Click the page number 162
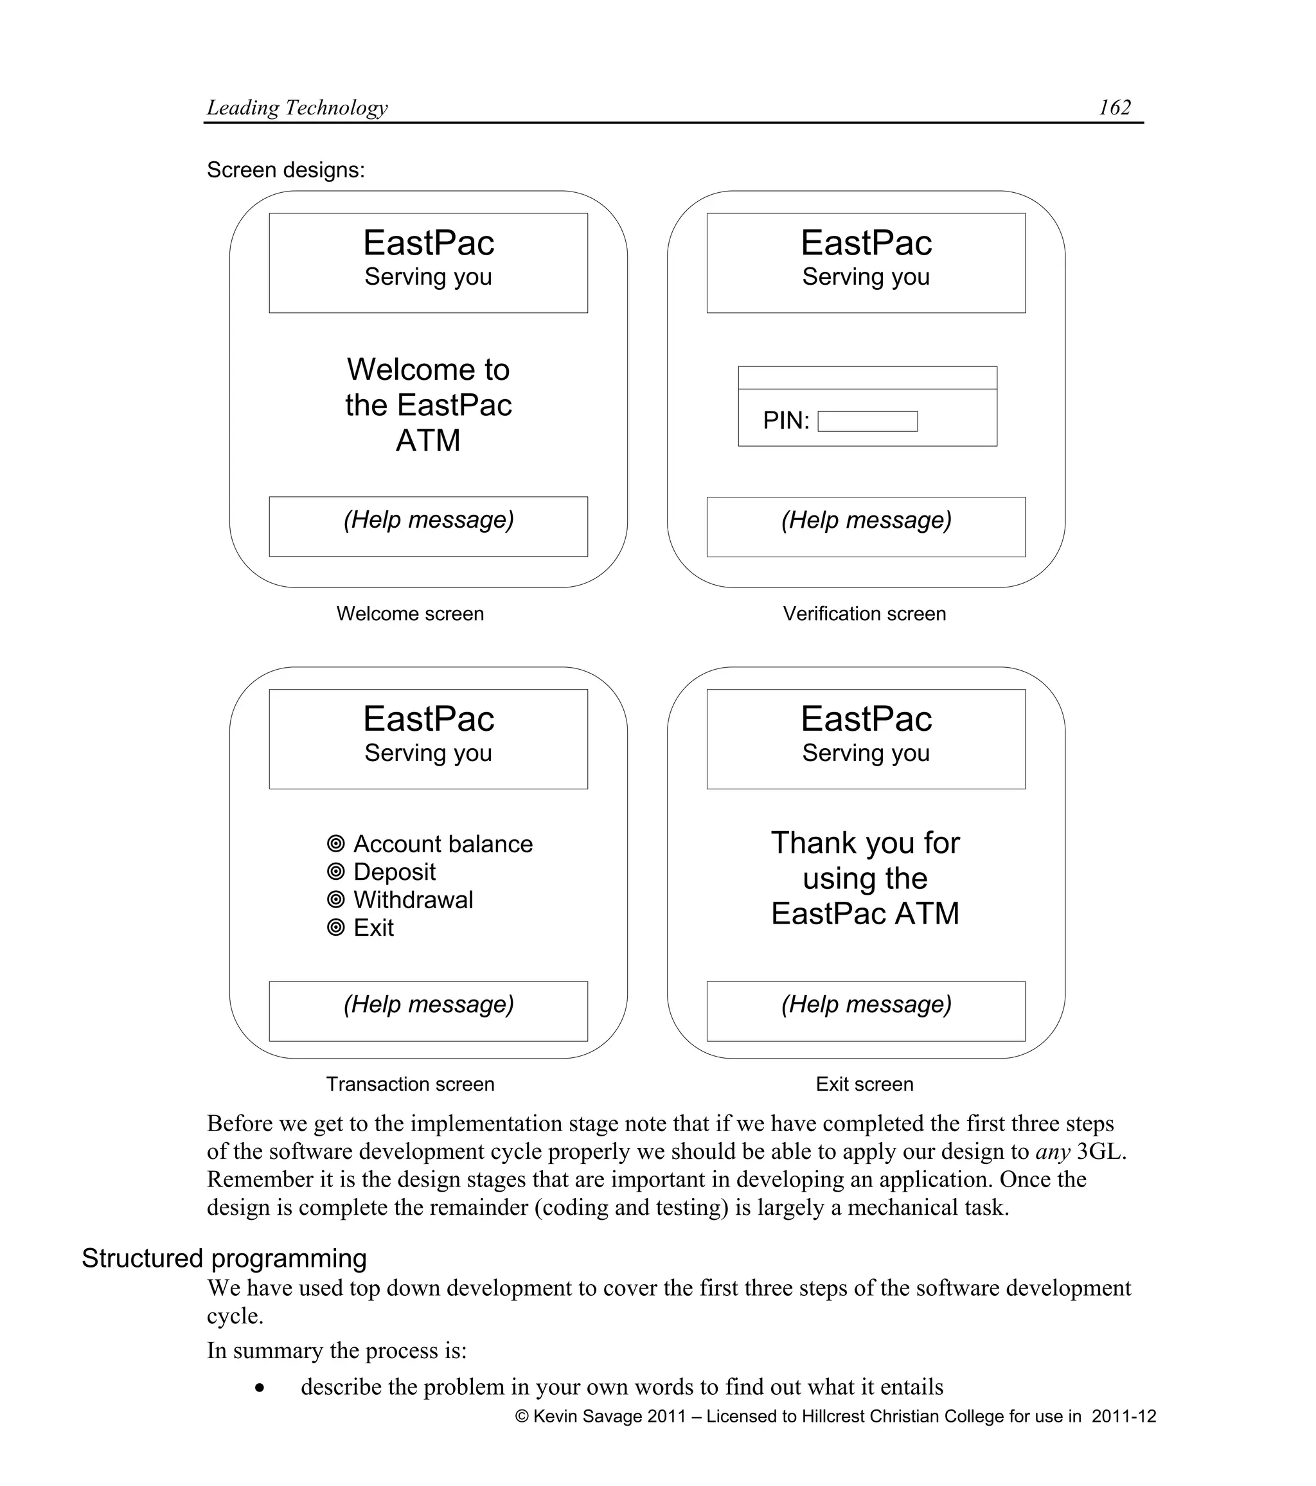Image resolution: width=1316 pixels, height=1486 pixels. (1114, 107)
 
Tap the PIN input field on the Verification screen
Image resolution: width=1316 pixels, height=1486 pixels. (867, 422)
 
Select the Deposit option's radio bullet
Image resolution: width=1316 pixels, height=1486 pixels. (335, 872)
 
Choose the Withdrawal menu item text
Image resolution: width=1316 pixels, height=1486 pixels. (413, 900)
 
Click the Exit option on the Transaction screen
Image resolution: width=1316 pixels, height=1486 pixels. (373, 928)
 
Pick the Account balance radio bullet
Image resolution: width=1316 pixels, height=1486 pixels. (335, 844)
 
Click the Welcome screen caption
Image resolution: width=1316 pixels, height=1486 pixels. (410, 614)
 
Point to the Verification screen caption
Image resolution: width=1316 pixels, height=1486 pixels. (864, 614)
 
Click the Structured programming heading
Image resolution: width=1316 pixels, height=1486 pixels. (224, 1258)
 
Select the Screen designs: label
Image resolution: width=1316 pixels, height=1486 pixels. (285, 170)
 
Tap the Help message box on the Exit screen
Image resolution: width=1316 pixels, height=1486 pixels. (866, 1011)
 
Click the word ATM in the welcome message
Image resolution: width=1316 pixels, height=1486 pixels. (428, 440)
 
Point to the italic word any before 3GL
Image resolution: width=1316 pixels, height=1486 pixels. (1052, 1152)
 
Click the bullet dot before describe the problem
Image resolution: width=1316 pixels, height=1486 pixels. (260, 1388)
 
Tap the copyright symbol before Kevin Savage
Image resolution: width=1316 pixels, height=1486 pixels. (522, 1417)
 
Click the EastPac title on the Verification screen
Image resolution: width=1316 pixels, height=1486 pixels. (866, 243)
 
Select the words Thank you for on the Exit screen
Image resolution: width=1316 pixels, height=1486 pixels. (865, 843)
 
